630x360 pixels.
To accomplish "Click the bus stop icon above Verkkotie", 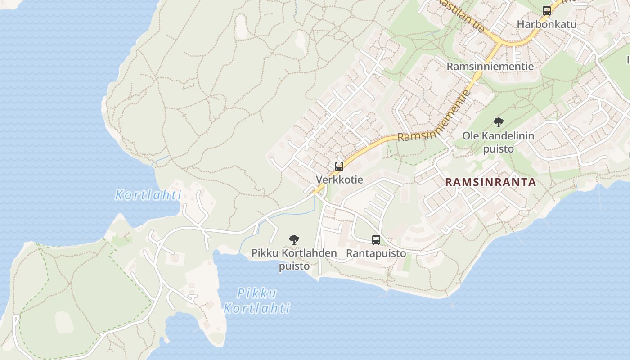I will [x=339, y=166].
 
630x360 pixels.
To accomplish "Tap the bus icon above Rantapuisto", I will [x=376, y=240].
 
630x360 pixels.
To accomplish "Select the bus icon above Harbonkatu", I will [x=547, y=11].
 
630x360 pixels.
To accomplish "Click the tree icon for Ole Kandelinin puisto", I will [x=498, y=122].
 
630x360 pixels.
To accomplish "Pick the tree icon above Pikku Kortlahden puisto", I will [x=294, y=240].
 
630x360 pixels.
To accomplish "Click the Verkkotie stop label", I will [x=339, y=180].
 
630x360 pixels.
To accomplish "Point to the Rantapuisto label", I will [x=376, y=253].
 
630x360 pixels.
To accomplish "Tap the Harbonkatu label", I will [x=546, y=24].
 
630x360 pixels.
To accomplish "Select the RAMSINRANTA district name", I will [x=490, y=182].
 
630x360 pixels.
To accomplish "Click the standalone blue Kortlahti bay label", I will [x=148, y=195].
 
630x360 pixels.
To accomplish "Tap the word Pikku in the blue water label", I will [x=257, y=293].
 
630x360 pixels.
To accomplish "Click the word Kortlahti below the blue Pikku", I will [x=257, y=308].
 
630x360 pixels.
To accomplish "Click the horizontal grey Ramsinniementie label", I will [x=490, y=67].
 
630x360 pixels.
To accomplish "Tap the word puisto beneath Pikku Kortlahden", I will [x=294, y=266].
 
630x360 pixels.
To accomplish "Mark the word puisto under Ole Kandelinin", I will [x=498, y=149].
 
